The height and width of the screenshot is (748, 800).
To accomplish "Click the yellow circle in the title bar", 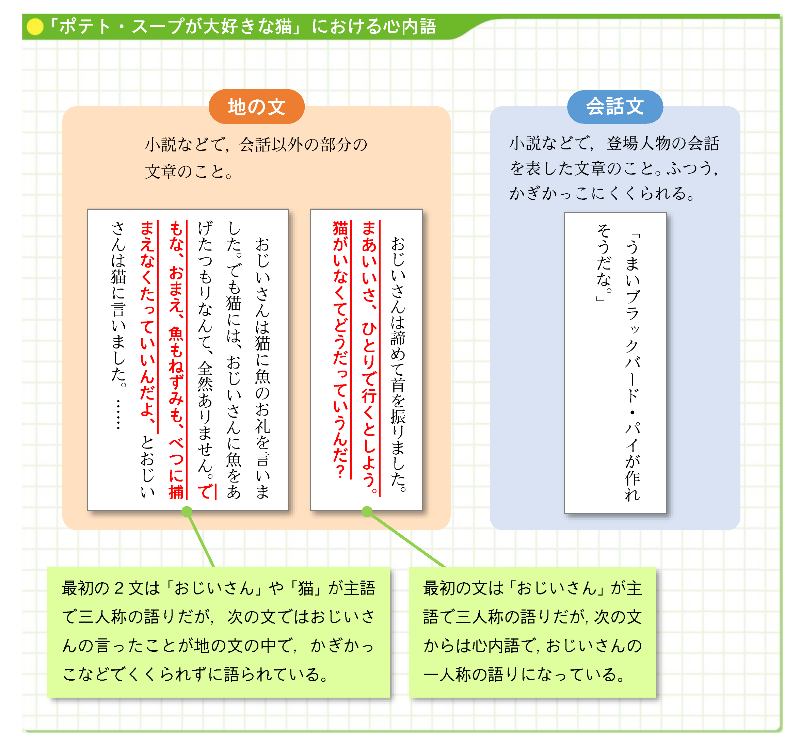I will pos(35,27).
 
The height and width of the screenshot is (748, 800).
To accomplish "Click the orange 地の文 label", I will pos(256,107).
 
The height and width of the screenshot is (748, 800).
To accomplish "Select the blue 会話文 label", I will pos(614,107).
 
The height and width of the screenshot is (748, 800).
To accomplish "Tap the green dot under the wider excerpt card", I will pos(187,511).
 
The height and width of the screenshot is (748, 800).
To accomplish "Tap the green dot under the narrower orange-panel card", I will pos(367,511).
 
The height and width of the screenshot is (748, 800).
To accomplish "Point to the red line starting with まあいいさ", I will pos(369,356).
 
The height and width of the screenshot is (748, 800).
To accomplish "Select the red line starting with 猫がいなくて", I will pos(340,348).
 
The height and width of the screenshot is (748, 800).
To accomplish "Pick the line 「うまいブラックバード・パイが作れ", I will pos(632,366).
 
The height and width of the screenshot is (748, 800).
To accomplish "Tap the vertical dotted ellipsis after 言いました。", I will pos(118,414).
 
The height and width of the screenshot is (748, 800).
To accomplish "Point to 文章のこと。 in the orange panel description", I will pos(189,172).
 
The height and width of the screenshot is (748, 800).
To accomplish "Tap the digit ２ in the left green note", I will pos(119,588).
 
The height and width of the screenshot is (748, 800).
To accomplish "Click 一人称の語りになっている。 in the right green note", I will pos(524,675).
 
